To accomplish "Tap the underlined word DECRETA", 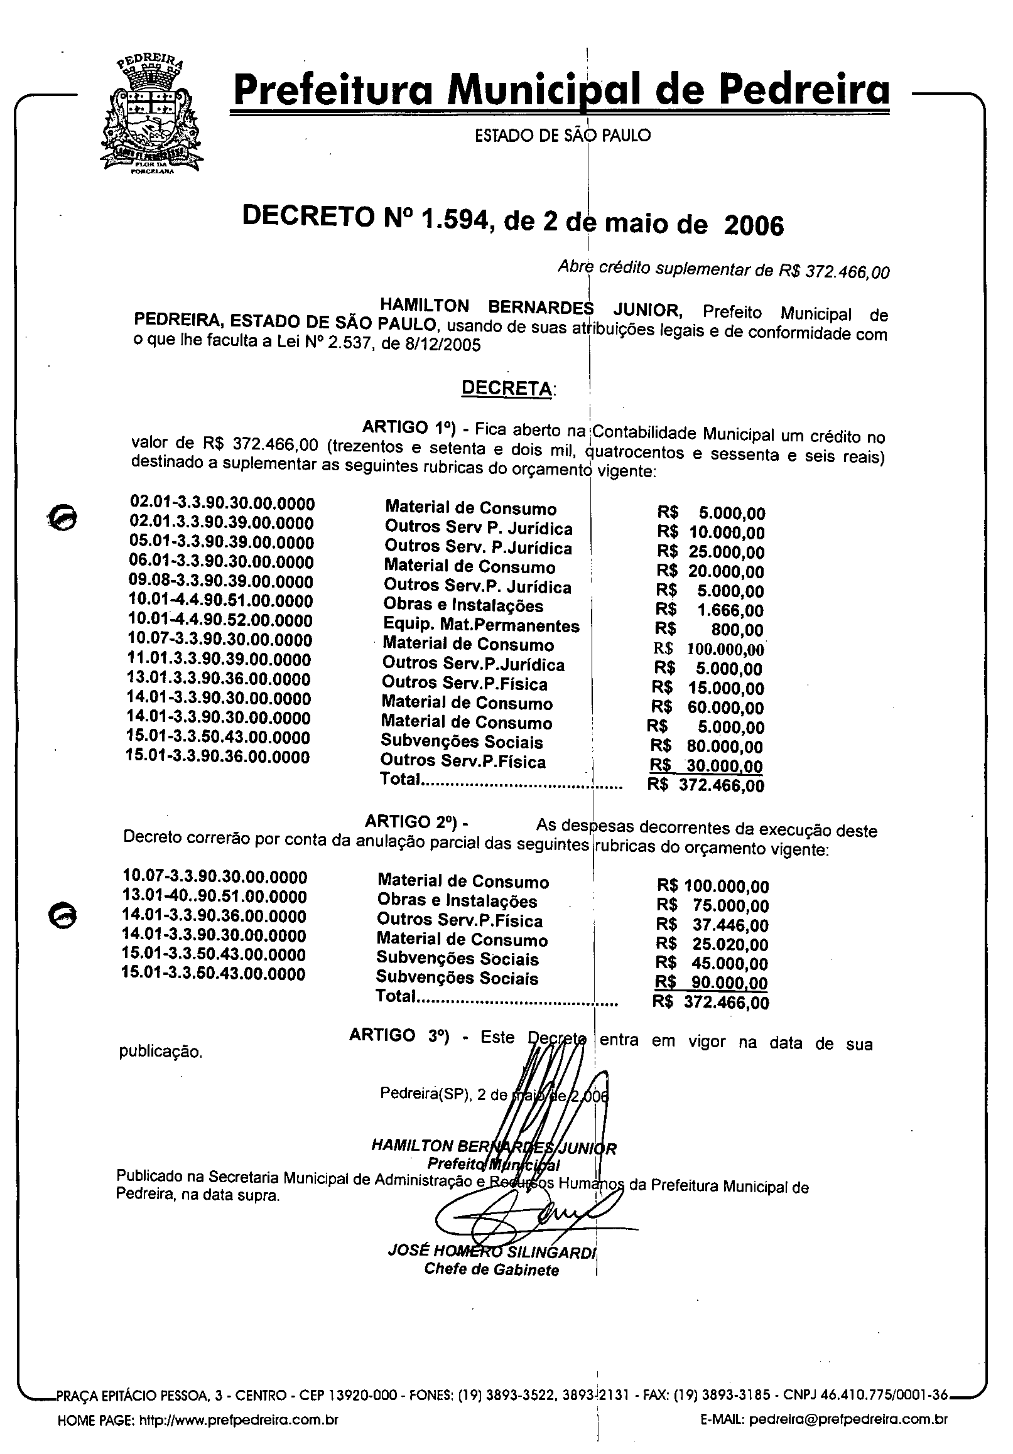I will point(507,387).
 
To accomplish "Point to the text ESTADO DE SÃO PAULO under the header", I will point(563,136).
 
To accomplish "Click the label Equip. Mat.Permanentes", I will point(482,625).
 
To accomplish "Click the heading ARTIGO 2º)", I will point(416,821).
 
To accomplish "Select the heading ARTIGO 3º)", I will point(399,1035).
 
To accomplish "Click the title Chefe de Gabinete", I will point(492,1269).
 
